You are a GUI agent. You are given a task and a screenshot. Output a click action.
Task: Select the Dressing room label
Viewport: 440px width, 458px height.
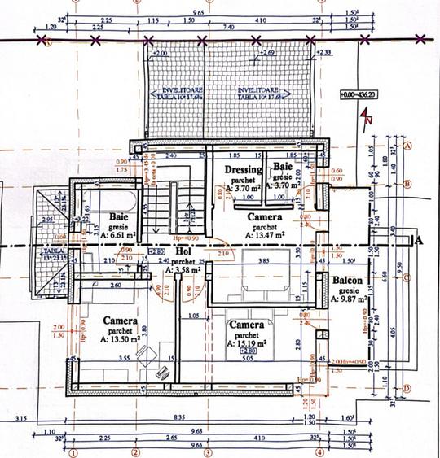(x=243, y=170)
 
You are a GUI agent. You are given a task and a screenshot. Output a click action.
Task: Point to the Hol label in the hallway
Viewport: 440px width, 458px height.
(x=182, y=251)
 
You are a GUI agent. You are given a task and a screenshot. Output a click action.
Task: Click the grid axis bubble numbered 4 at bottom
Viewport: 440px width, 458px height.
(x=320, y=452)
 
